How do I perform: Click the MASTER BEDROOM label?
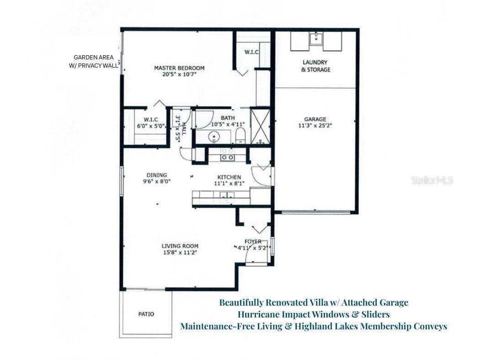pyautogui.click(x=179, y=68)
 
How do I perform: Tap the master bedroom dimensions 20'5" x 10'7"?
pyautogui.click(x=179, y=75)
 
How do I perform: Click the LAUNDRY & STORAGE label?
pyautogui.click(x=315, y=66)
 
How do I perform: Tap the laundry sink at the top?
pyautogui.click(x=315, y=39)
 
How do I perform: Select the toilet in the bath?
pyautogui.click(x=241, y=136)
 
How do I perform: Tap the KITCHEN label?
pyautogui.click(x=229, y=177)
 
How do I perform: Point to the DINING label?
pyautogui.click(x=156, y=175)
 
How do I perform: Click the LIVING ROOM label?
pyautogui.click(x=179, y=246)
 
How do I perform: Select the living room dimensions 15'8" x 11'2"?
pyautogui.click(x=179, y=252)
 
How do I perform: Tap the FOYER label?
pyautogui.click(x=253, y=241)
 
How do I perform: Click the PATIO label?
pyautogui.click(x=146, y=314)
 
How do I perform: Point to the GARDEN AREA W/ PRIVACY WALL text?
pyautogui.click(x=93, y=61)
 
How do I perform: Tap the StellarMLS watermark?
pyautogui.click(x=432, y=180)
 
